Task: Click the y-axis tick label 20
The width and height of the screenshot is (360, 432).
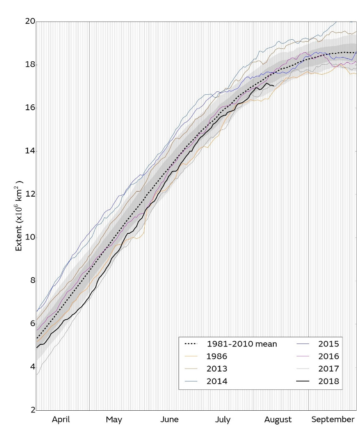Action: (x=29, y=21)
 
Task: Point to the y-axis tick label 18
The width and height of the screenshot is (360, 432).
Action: (x=29, y=65)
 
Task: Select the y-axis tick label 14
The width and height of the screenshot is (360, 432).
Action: (x=29, y=151)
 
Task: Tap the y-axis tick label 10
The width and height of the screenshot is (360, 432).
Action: (x=29, y=237)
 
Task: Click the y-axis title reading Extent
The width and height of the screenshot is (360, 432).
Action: (x=19, y=216)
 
